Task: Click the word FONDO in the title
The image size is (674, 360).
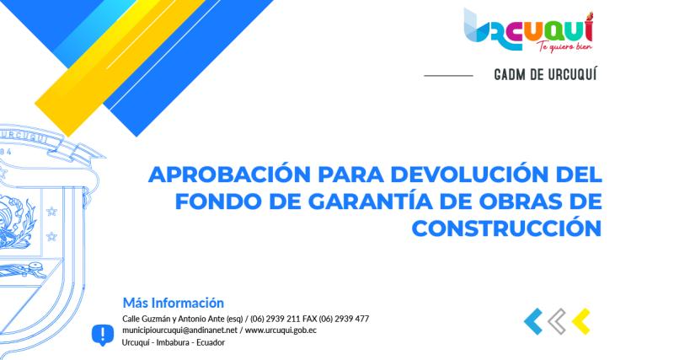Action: (216, 201)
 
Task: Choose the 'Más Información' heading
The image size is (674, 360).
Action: (174, 302)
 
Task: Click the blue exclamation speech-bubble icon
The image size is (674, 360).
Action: (102, 335)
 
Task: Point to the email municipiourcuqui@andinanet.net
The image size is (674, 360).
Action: (180, 330)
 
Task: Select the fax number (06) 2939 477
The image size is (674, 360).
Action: (344, 319)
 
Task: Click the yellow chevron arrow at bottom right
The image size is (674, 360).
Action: (580, 320)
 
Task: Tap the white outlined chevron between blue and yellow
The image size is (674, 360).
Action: (556, 320)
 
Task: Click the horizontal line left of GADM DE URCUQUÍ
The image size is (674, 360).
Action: (447, 75)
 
